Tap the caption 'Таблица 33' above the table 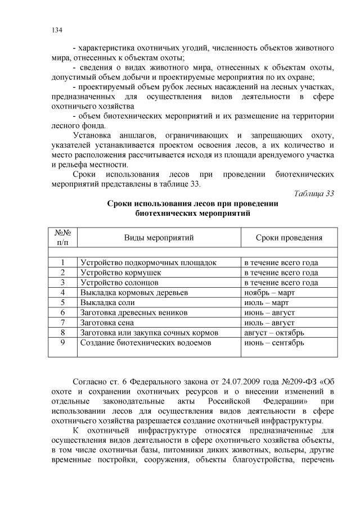tap(314, 193)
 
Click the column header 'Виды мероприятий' tap(159, 238)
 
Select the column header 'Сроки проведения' tap(289, 238)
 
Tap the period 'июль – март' tap(265, 302)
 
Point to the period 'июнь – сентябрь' tap(273, 342)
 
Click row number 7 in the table tap(63, 323)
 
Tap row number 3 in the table tap(63, 283)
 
